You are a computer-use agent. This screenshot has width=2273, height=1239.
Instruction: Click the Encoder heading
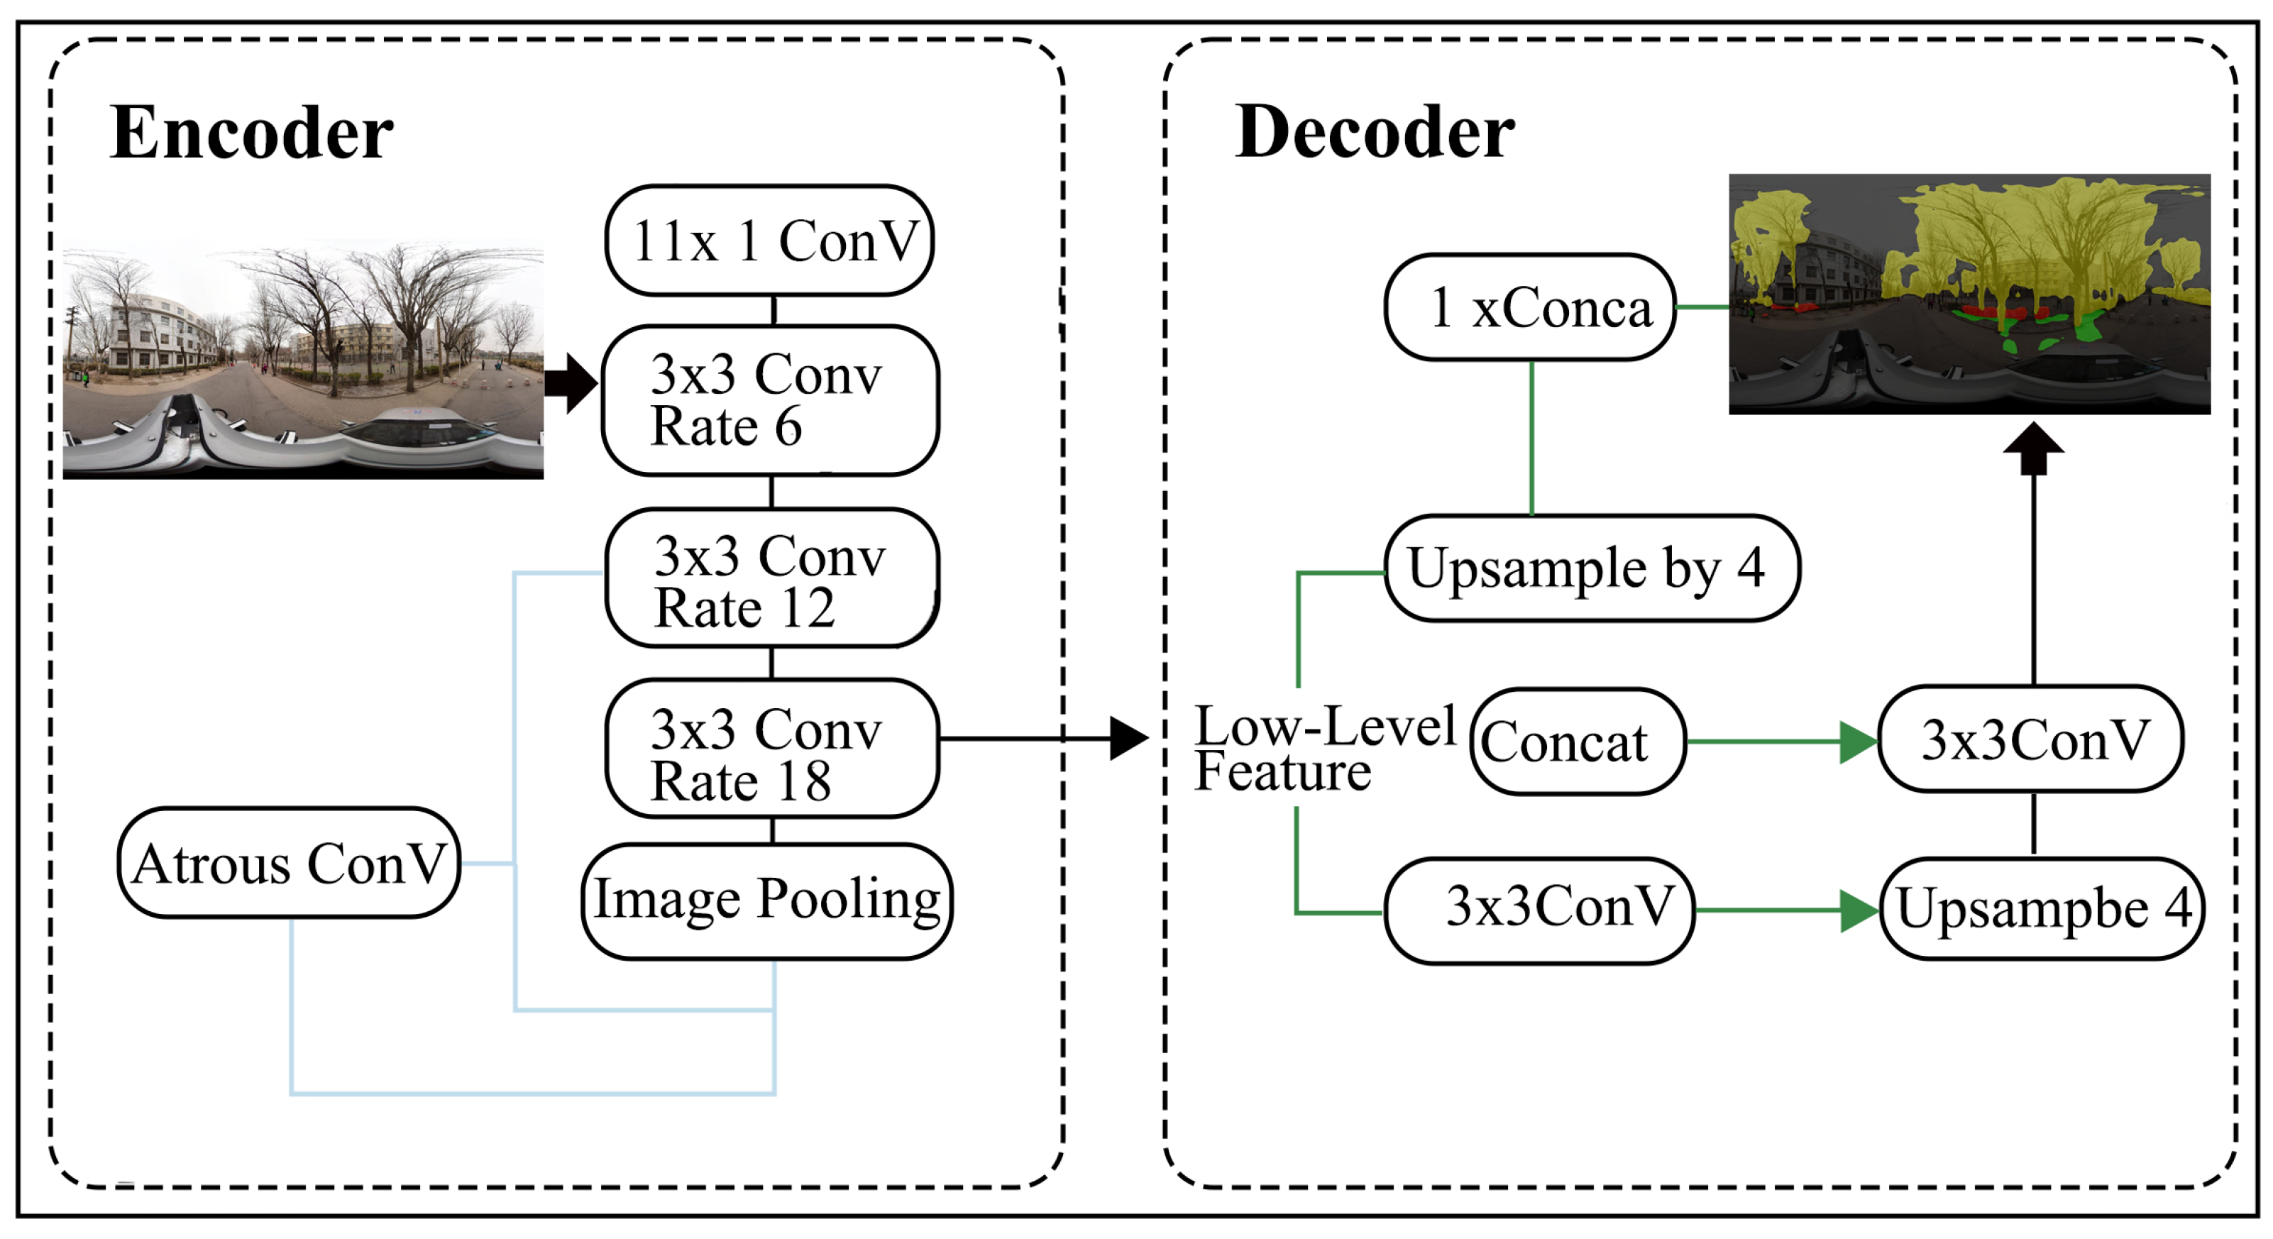251,133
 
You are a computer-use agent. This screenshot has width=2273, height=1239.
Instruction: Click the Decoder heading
1374,133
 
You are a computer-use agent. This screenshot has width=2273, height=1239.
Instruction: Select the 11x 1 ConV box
769,240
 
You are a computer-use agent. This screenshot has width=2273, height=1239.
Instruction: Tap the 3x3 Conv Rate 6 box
770,401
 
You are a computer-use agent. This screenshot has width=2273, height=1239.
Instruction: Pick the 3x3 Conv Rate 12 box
772,578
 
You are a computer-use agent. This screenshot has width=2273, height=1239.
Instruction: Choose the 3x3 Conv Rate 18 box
772,749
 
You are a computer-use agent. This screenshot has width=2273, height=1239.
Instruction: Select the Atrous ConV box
290,862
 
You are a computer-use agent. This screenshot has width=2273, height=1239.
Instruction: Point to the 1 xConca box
1530,307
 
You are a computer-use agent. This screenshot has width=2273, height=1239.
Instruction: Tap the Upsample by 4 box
1592,568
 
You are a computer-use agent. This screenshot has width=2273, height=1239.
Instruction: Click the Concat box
1578,742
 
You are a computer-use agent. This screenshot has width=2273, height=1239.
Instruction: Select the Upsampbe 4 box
2042,908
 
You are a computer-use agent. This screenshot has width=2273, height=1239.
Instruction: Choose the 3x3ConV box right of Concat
2031,739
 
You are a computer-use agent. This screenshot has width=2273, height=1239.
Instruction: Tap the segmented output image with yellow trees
1969,294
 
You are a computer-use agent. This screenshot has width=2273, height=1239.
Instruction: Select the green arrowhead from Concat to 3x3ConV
1859,742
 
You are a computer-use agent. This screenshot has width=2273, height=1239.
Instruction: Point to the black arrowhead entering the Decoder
1128,738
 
